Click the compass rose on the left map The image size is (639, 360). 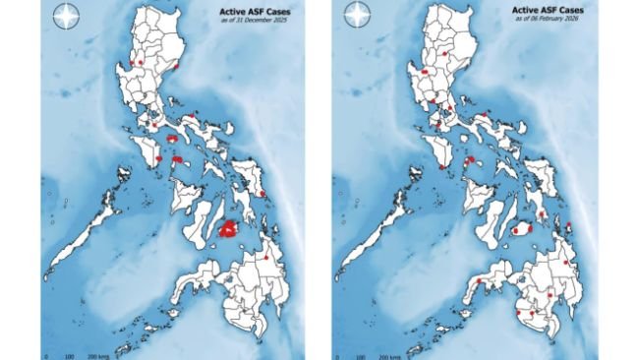click(65, 18)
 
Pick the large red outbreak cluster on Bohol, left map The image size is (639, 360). click(229, 229)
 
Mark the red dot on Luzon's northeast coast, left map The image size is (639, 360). click(176, 67)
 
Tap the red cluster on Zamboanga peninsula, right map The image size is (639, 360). click(480, 281)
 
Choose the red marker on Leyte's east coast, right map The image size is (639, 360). click(568, 226)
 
